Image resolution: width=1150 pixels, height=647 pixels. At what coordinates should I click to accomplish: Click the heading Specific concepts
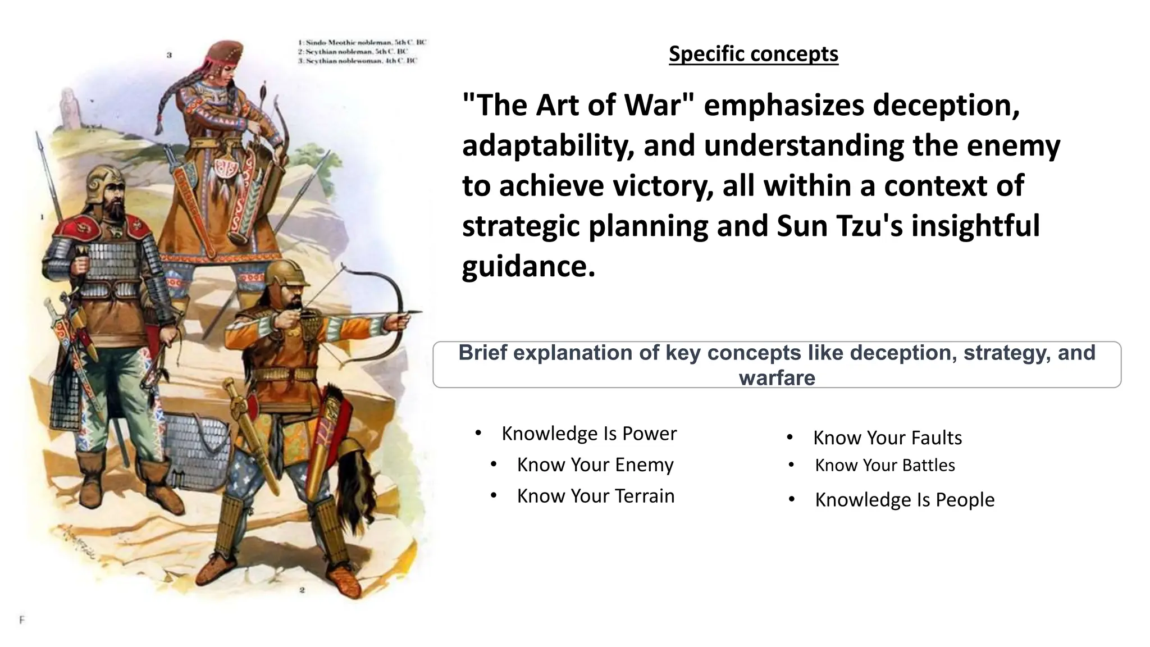[x=753, y=54]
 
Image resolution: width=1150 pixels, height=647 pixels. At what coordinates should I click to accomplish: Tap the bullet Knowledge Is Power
[x=588, y=434]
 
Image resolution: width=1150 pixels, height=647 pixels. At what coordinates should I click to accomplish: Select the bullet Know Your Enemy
[x=595, y=465]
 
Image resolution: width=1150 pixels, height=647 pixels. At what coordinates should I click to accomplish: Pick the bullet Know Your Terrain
[x=595, y=496]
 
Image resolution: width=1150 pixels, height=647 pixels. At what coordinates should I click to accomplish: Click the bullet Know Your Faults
[x=887, y=438]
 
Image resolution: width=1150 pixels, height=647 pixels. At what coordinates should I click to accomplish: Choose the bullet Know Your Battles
[x=884, y=465]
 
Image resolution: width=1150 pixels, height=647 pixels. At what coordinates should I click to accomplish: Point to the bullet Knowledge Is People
[x=904, y=499]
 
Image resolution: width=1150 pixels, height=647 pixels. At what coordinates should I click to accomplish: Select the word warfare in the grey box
[x=777, y=377]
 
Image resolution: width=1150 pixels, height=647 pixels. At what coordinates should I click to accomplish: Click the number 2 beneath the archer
[x=302, y=590]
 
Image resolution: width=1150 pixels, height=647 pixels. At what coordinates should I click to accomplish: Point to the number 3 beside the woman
[x=169, y=55]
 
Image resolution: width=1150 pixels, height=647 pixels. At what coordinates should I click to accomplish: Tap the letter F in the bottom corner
[x=22, y=620]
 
